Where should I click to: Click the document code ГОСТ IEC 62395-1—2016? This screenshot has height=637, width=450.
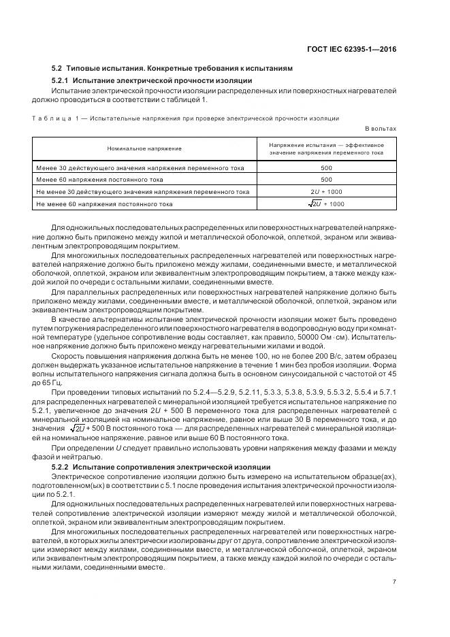(354, 49)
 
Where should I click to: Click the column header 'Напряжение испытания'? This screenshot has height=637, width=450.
(326, 148)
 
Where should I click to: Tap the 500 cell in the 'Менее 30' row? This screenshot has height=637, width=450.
(326, 167)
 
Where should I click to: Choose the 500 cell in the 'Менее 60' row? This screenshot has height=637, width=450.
(326, 179)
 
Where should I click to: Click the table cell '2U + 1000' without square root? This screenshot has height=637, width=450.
(326, 191)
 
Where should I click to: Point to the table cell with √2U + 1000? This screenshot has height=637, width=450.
(325, 203)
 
